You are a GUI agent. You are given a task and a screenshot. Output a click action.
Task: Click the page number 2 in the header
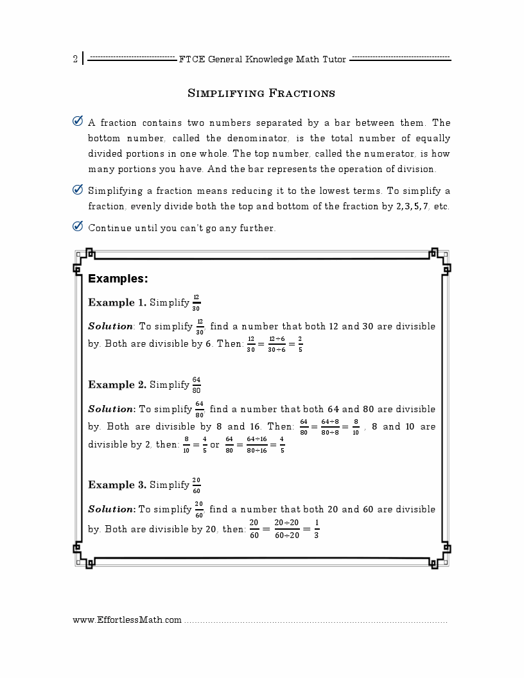click(x=75, y=60)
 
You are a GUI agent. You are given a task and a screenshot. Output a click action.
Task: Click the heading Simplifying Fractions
click(x=261, y=94)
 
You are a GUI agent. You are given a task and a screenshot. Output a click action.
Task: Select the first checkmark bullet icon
click(x=78, y=121)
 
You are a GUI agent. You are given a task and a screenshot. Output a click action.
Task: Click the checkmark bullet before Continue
click(x=78, y=227)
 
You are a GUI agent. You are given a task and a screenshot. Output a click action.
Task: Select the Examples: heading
click(x=118, y=279)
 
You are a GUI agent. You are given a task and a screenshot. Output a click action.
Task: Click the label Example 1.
click(x=117, y=303)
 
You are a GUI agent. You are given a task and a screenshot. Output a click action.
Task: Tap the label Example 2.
click(x=117, y=385)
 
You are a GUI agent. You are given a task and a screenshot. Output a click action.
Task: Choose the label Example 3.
click(x=117, y=485)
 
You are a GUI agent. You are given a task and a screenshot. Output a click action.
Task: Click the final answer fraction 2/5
click(x=300, y=344)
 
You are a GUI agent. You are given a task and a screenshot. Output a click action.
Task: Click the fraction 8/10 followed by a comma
click(x=356, y=427)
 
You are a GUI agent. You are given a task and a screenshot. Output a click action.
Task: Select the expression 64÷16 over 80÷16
click(x=257, y=445)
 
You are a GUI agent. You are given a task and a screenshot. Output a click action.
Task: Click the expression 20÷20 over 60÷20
click(x=287, y=530)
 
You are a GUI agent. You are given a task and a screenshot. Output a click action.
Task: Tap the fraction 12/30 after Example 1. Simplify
click(x=196, y=303)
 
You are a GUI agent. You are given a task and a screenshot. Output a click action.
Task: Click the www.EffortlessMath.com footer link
click(x=127, y=620)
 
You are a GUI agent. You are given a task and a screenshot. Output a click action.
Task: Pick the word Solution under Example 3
click(x=111, y=510)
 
